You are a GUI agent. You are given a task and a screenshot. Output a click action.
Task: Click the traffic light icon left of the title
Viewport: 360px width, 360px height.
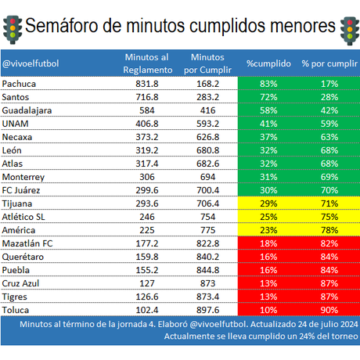click(11, 26)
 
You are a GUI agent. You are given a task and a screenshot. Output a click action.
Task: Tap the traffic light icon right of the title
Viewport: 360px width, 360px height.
click(347, 28)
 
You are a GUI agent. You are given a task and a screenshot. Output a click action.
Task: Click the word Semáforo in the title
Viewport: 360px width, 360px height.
click(61, 25)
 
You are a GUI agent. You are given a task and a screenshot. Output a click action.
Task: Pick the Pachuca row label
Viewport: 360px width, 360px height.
click(20, 83)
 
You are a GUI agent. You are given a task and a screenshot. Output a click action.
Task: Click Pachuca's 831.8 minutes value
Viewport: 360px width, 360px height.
click(147, 83)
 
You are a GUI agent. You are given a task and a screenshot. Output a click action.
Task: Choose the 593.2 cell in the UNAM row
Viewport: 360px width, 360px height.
click(207, 124)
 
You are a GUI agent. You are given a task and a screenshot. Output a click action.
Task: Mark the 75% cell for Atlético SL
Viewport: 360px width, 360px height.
click(329, 217)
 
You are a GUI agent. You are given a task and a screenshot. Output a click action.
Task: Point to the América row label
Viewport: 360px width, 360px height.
click(20, 230)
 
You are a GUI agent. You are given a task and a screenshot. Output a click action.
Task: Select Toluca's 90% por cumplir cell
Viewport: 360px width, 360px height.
click(329, 310)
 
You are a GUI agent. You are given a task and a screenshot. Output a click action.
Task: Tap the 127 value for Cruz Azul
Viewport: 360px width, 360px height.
click(147, 283)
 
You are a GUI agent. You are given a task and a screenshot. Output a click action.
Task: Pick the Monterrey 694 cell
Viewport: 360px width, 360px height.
click(207, 177)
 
